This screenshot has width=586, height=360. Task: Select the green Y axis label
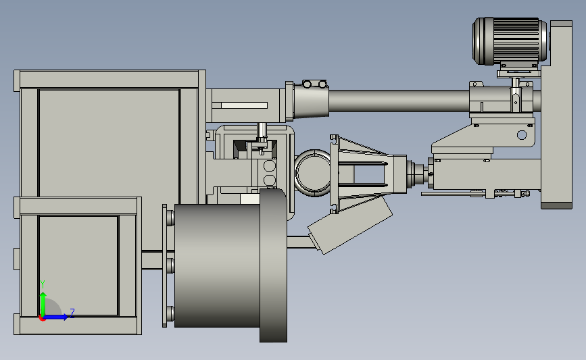pos(43,284)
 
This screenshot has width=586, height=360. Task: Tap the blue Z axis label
pos(72,313)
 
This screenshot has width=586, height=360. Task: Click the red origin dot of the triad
pos(42,318)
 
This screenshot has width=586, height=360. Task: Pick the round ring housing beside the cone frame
pos(313,173)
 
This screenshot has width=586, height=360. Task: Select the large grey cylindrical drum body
pos(217,265)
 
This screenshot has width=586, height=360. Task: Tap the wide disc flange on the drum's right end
pos(274,265)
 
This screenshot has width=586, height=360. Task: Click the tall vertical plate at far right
pos(556,114)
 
